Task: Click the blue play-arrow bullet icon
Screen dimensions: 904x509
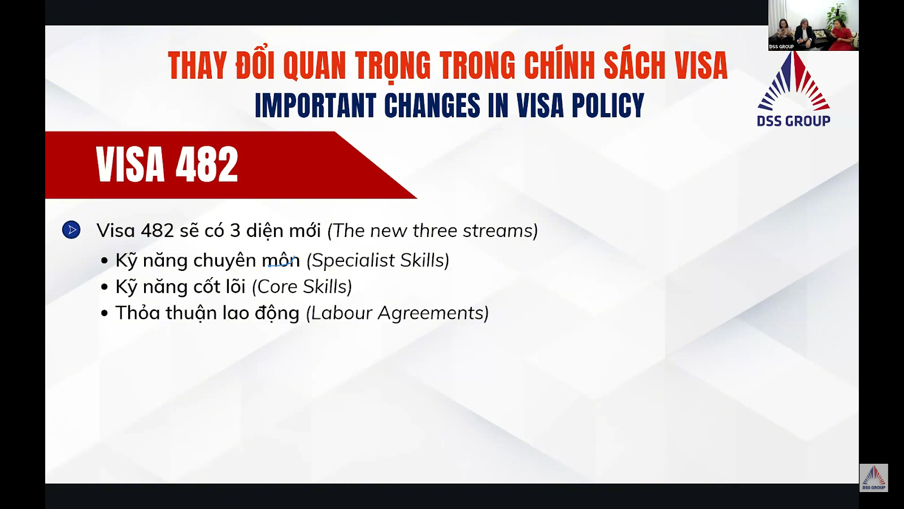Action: click(71, 230)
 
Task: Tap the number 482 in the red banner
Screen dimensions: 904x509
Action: click(207, 165)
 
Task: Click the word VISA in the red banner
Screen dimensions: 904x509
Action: click(130, 165)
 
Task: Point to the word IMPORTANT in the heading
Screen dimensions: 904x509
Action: click(316, 105)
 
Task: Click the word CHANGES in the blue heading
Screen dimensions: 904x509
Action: click(432, 105)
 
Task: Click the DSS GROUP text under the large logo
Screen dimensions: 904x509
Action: click(793, 121)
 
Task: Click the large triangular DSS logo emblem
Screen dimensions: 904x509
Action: click(793, 81)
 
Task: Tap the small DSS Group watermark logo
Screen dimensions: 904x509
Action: click(873, 477)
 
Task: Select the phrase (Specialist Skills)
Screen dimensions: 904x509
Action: click(378, 261)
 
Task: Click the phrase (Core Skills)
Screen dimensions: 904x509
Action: click(302, 287)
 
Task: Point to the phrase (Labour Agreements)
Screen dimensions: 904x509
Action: click(397, 313)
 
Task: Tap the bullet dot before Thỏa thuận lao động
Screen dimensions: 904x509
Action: click(105, 313)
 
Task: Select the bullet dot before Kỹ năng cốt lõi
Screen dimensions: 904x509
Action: click(105, 287)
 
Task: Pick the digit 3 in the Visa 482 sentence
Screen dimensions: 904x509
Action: click(235, 231)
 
